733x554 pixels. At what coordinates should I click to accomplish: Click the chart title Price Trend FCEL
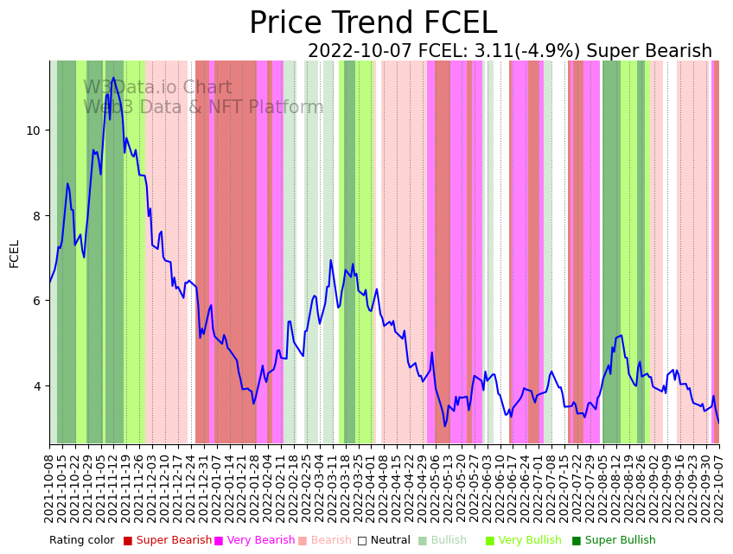coord(373,23)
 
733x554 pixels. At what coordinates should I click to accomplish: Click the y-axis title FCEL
coord(14,253)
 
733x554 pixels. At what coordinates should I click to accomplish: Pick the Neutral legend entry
coord(385,540)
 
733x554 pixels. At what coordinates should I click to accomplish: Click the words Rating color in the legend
coord(81,540)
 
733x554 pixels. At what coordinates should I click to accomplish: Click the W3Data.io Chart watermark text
coord(157,88)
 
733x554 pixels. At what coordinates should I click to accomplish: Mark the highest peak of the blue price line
coord(113,78)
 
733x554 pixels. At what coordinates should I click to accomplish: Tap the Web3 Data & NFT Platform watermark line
coord(203,107)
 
